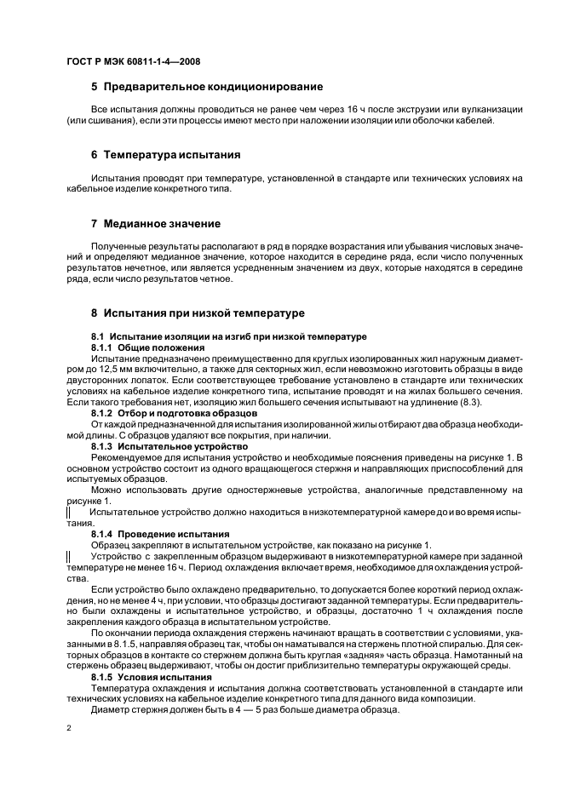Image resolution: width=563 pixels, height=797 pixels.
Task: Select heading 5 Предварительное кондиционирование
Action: [x=207, y=87]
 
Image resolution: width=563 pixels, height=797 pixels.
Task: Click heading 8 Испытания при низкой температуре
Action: [x=198, y=313]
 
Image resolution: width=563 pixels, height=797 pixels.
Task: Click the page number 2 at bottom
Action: [x=69, y=728]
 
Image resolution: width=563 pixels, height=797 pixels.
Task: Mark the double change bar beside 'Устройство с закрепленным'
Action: [x=68, y=556]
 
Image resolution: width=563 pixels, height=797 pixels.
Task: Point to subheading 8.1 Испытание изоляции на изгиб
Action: [x=217, y=337]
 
